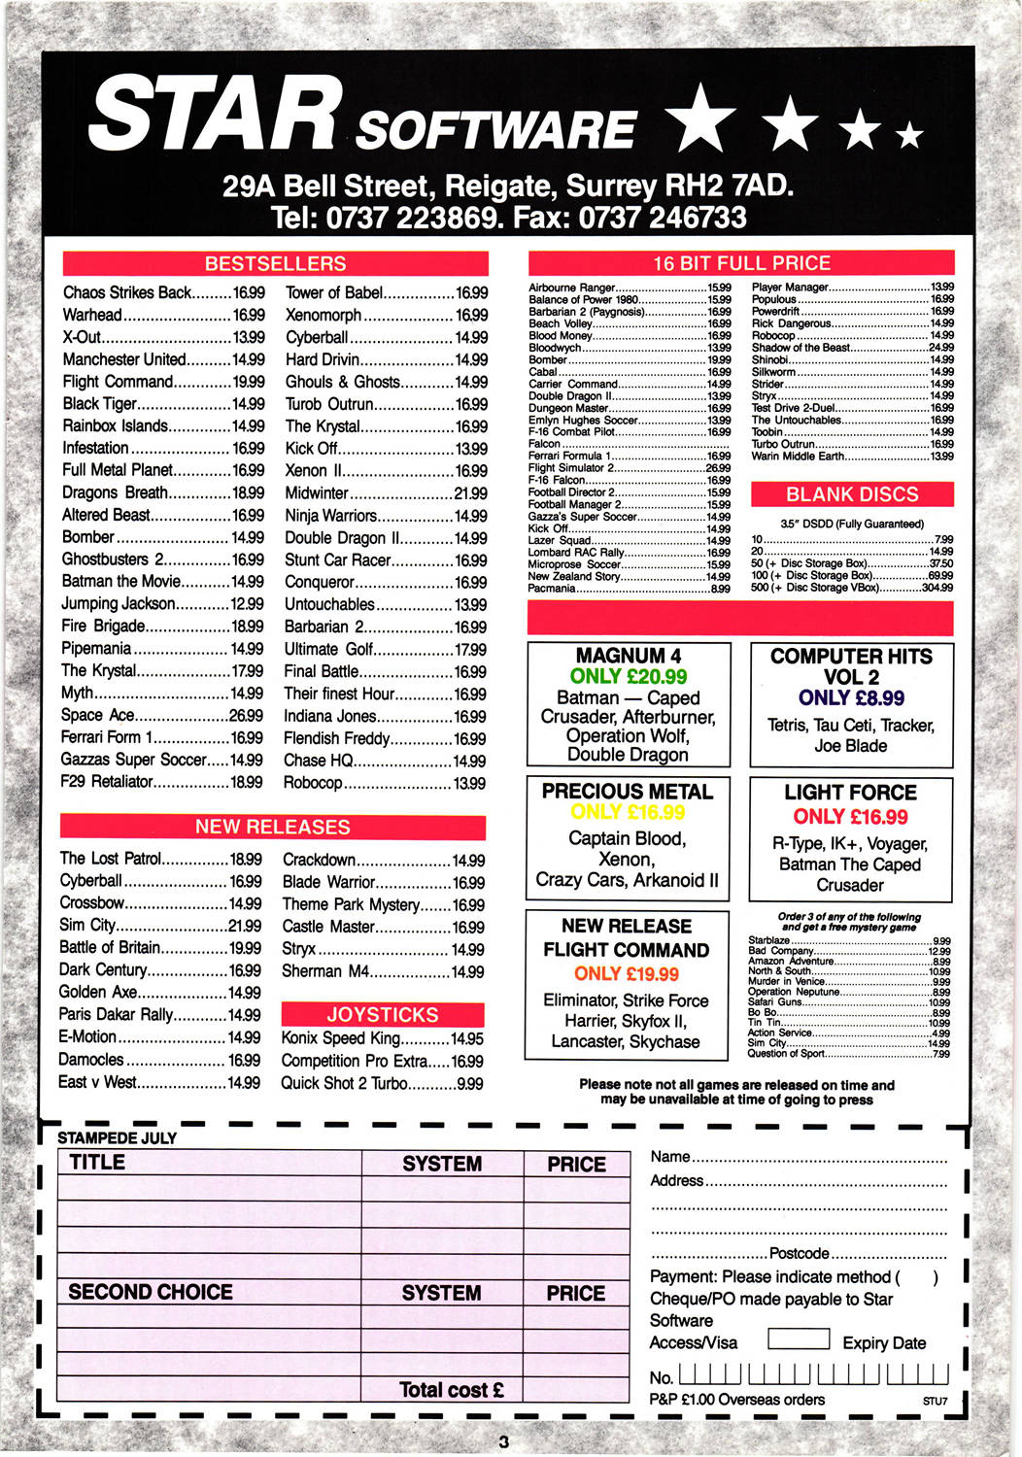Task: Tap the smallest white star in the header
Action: click(909, 133)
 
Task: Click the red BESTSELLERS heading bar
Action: click(275, 263)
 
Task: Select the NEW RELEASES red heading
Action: click(272, 827)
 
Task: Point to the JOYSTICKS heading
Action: click(382, 1014)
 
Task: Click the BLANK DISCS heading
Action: click(851, 493)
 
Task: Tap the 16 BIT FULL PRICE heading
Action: click(740, 262)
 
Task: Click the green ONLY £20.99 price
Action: click(629, 676)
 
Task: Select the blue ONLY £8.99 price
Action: click(851, 698)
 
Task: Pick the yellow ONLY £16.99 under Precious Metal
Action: click(628, 812)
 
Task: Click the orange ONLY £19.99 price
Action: click(627, 973)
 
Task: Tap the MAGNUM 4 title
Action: click(629, 656)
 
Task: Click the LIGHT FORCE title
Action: click(850, 793)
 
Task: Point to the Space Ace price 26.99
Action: click(246, 715)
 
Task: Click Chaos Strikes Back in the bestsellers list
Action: click(127, 292)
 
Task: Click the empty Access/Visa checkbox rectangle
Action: click(799, 1339)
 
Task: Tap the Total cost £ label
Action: click(452, 1390)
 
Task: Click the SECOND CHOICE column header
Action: click(151, 1292)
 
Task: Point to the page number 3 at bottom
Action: click(503, 1441)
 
